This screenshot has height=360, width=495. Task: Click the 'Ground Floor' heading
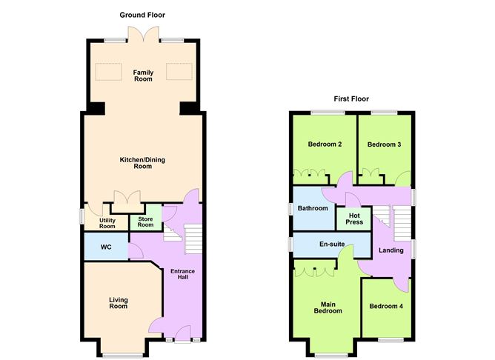pyautogui.click(x=143, y=15)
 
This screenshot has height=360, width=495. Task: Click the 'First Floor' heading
pyautogui.click(x=351, y=99)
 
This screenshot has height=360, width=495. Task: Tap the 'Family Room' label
pyautogui.click(x=143, y=76)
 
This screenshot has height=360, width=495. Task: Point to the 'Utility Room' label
pyautogui.click(x=107, y=222)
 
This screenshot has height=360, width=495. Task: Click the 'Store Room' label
pyautogui.click(x=145, y=221)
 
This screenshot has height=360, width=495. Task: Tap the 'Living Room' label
pyautogui.click(x=119, y=303)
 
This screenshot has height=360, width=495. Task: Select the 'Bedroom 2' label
pyautogui.click(x=323, y=144)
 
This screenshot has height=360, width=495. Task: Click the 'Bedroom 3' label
pyautogui.click(x=384, y=144)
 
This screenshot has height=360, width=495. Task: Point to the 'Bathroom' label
pyautogui.click(x=313, y=208)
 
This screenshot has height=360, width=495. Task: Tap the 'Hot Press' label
pyautogui.click(x=354, y=219)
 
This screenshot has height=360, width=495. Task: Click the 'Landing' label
pyautogui.click(x=391, y=250)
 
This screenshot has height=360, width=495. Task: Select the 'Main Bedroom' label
pyautogui.click(x=327, y=307)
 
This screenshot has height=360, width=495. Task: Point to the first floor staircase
pyautogui.click(x=401, y=222)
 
